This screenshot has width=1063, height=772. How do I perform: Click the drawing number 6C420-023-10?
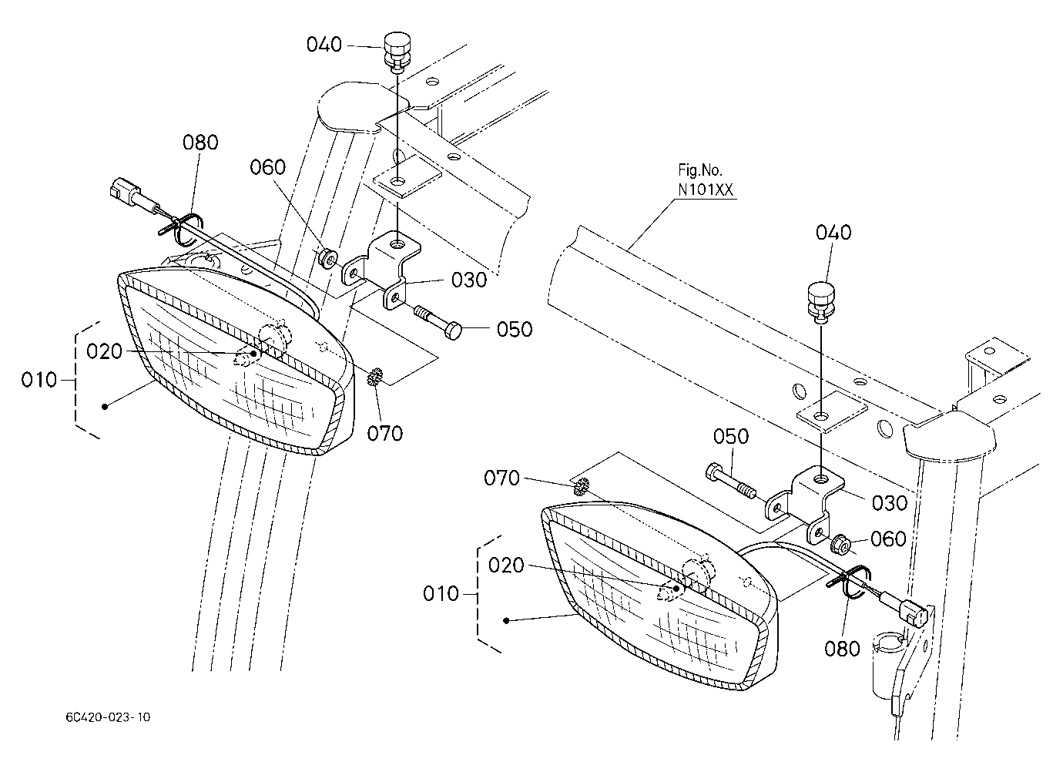(x=108, y=717)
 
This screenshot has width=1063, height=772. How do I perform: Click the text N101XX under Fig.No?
(x=705, y=190)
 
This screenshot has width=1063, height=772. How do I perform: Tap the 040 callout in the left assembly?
(x=324, y=45)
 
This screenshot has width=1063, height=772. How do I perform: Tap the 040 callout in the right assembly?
(x=833, y=232)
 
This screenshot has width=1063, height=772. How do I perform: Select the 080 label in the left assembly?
(x=201, y=143)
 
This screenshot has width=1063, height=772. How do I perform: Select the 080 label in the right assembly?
(x=843, y=649)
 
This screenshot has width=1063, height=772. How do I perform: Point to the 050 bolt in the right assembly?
(x=726, y=481)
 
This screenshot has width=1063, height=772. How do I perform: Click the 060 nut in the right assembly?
(x=840, y=544)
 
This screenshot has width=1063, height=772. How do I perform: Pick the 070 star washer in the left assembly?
(x=374, y=376)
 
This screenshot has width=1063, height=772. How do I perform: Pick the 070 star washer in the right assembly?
(x=582, y=487)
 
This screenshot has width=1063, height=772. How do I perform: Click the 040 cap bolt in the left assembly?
(x=397, y=52)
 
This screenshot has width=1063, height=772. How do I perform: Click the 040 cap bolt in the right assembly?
(x=821, y=303)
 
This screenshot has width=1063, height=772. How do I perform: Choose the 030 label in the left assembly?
(x=469, y=280)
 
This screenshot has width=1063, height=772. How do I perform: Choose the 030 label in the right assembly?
(x=890, y=503)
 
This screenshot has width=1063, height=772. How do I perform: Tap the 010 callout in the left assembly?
(x=39, y=380)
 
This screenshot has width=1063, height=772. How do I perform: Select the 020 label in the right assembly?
(x=506, y=566)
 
